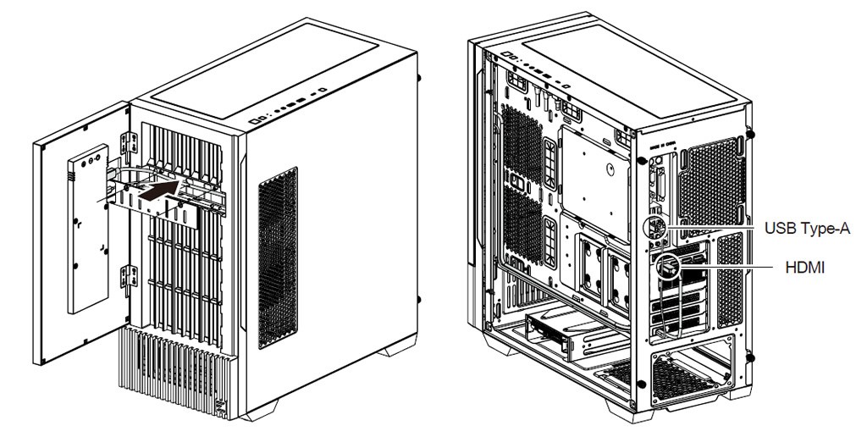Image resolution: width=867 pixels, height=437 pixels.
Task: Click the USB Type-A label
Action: point(807,228)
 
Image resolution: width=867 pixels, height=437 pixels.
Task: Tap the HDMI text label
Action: point(804,268)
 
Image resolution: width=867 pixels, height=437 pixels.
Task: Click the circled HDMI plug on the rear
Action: point(667,268)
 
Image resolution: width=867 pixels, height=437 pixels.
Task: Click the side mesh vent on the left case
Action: point(278,257)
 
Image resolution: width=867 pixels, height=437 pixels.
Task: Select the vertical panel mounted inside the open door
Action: point(88,229)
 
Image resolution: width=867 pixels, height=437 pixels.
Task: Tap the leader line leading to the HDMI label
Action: point(725,268)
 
